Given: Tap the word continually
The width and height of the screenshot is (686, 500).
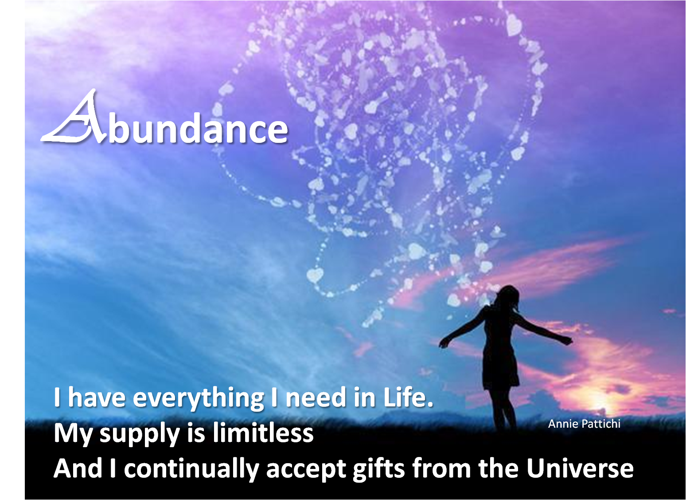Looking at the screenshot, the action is point(191,470).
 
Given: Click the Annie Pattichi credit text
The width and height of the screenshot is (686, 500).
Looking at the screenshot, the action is point(584,424).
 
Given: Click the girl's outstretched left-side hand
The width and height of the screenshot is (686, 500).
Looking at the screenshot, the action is point(443,343).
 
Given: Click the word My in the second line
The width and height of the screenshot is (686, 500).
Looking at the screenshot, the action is point(73,434).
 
